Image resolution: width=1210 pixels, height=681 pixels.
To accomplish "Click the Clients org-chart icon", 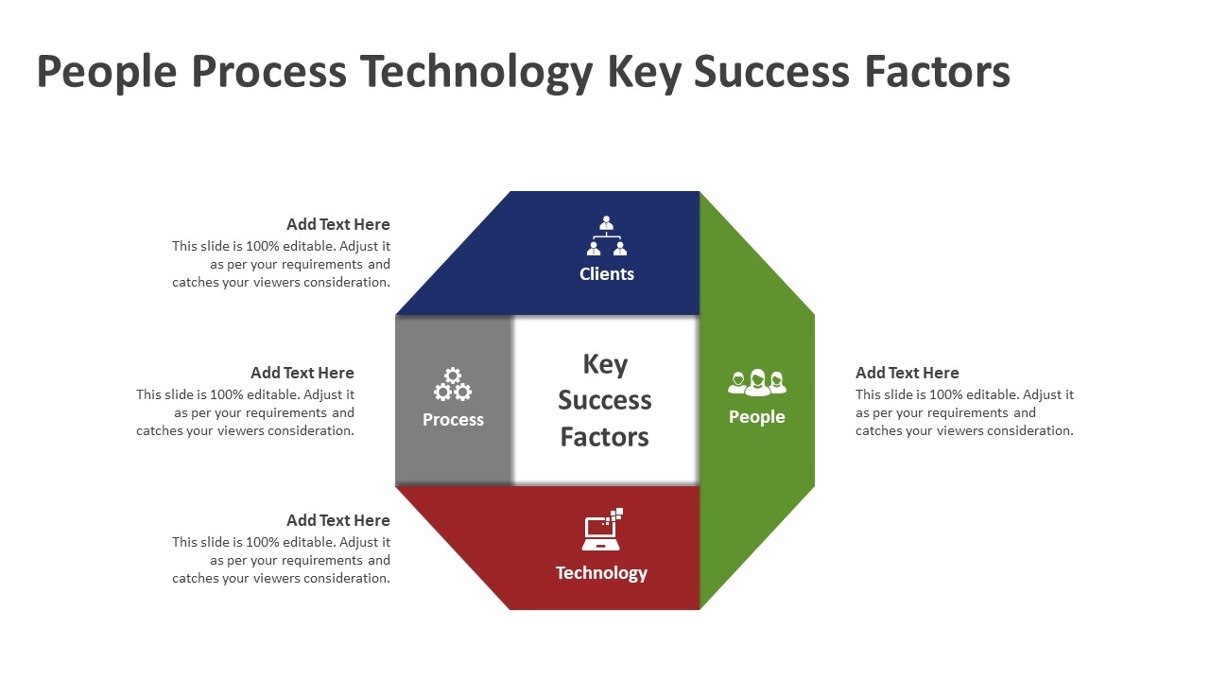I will point(606,236).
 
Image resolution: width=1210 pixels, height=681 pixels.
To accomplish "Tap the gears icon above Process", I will point(453,384).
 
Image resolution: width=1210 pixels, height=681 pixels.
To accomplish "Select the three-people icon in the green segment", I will point(757,382).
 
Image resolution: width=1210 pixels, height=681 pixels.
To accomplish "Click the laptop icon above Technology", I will point(602,530).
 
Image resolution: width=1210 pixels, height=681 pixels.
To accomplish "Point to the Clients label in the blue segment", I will point(606,274).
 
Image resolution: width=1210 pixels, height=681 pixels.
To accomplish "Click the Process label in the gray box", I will point(453,420).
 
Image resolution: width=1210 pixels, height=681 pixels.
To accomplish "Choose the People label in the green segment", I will point(756,417).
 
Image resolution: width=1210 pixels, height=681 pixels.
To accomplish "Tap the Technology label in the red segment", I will point(601,573).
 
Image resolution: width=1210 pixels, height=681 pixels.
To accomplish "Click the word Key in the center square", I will point(605,364).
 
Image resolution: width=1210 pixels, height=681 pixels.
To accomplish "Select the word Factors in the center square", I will point(605,437).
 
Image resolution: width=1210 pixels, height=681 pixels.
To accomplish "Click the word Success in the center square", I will point(605,400).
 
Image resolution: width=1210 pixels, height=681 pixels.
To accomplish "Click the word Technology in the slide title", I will point(476,73).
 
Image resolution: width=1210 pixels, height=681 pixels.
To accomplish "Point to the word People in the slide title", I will point(106,73).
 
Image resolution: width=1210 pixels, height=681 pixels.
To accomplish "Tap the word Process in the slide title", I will point(268,73).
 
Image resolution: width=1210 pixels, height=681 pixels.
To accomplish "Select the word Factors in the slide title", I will point(937,73).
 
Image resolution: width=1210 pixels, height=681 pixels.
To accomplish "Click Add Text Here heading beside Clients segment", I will point(338,225).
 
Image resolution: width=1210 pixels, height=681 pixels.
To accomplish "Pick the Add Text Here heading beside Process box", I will point(302,374).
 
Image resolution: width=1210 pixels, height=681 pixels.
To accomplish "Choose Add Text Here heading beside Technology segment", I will point(338,521).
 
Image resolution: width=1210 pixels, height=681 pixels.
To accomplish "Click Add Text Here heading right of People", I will point(907,374).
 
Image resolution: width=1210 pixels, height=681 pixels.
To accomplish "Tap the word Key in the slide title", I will point(643,73).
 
